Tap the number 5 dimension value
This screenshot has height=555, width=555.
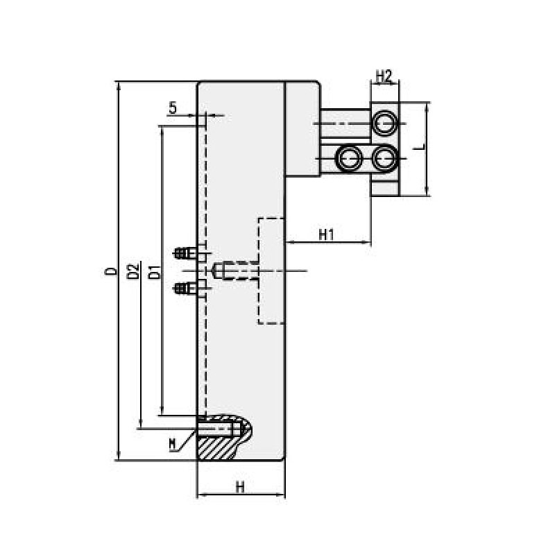(x=173, y=108)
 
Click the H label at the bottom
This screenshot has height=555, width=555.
(x=240, y=486)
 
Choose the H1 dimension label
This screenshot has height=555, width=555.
(x=327, y=234)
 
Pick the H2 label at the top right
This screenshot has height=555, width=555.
(x=384, y=75)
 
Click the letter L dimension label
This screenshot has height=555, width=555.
(x=417, y=148)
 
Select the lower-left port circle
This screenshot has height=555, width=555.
(x=348, y=157)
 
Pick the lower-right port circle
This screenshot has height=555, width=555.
(x=384, y=157)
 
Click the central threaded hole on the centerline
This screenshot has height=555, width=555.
(x=229, y=270)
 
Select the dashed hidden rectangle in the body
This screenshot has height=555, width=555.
(x=272, y=271)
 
